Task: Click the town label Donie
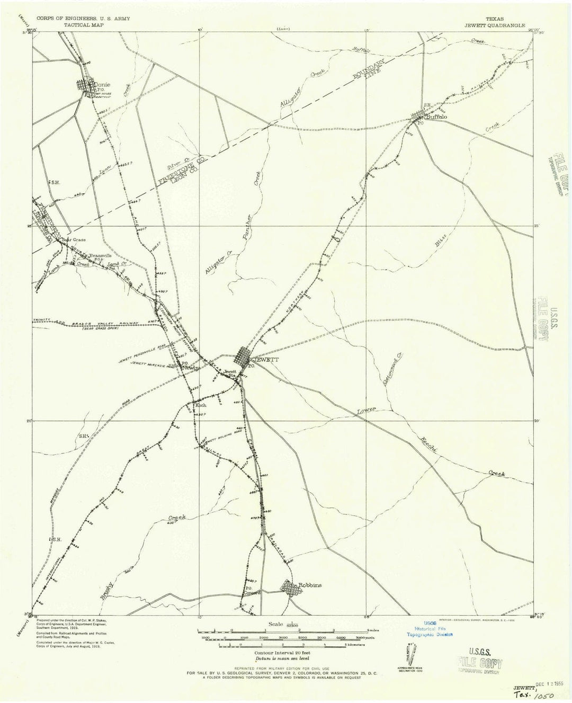tap(101, 84)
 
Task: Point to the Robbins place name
tap(310, 585)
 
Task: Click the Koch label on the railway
tap(201, 405)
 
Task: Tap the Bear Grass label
tap(73, 239)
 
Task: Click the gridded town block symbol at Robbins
tap(289, 588)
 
